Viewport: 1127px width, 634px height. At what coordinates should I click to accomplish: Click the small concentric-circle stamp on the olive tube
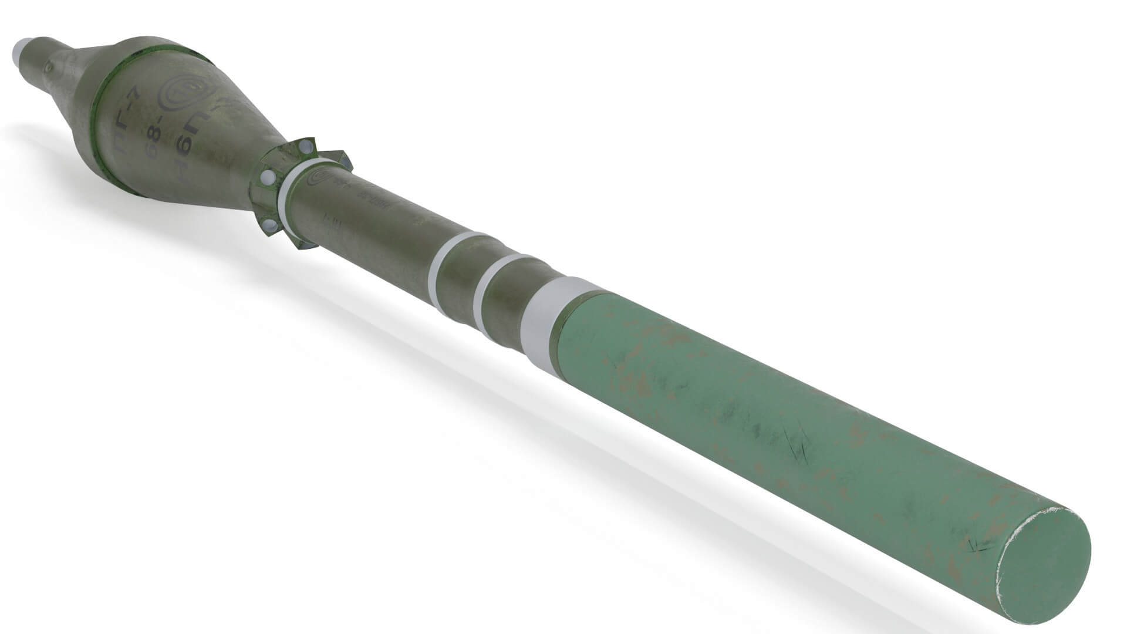[x=321, y=177]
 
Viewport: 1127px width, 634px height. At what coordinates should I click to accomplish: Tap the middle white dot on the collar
[x=267, y=177]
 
